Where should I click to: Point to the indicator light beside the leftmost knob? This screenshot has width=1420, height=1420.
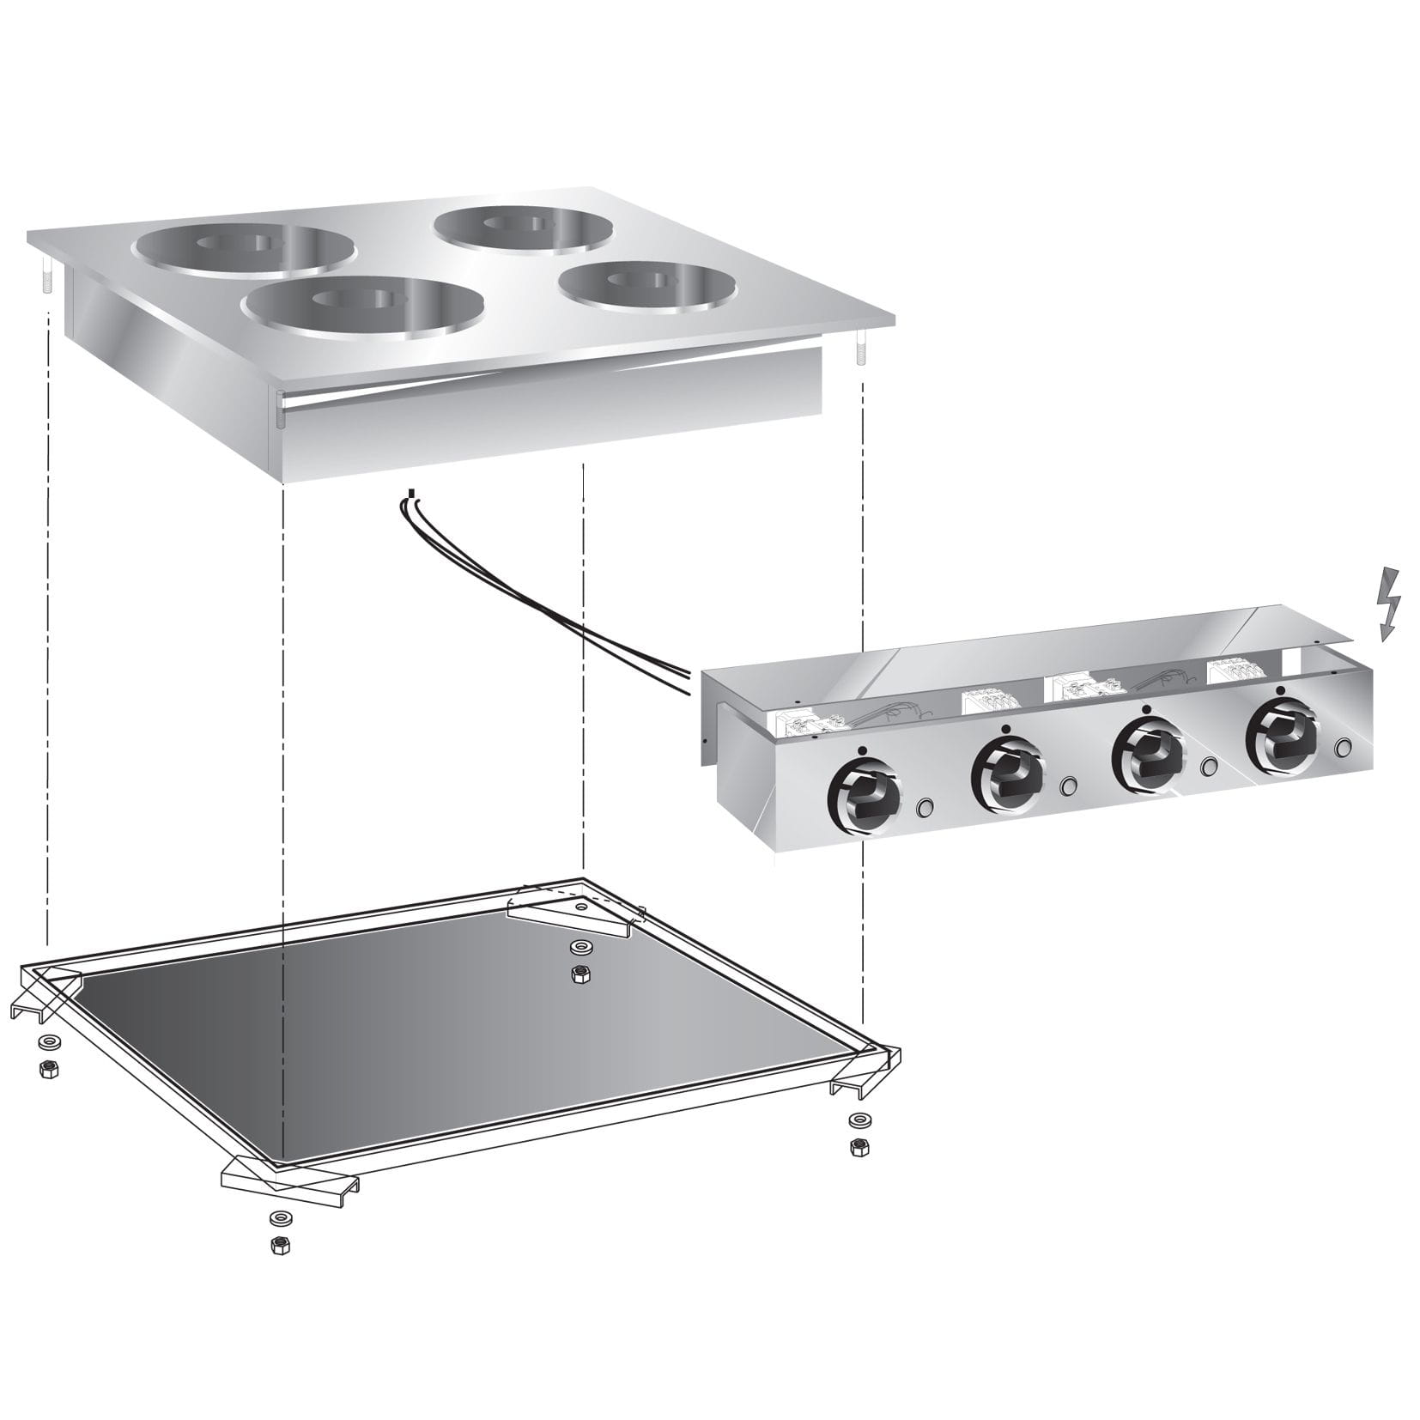[x=925, y=807]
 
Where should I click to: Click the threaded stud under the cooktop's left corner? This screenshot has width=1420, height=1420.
[x=46, y=276]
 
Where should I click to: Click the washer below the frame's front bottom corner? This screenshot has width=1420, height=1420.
[x=277, y=1218]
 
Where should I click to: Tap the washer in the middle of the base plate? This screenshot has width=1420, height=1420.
[x=580, y=947]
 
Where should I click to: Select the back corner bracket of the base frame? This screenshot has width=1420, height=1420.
[x=571, y=912]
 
